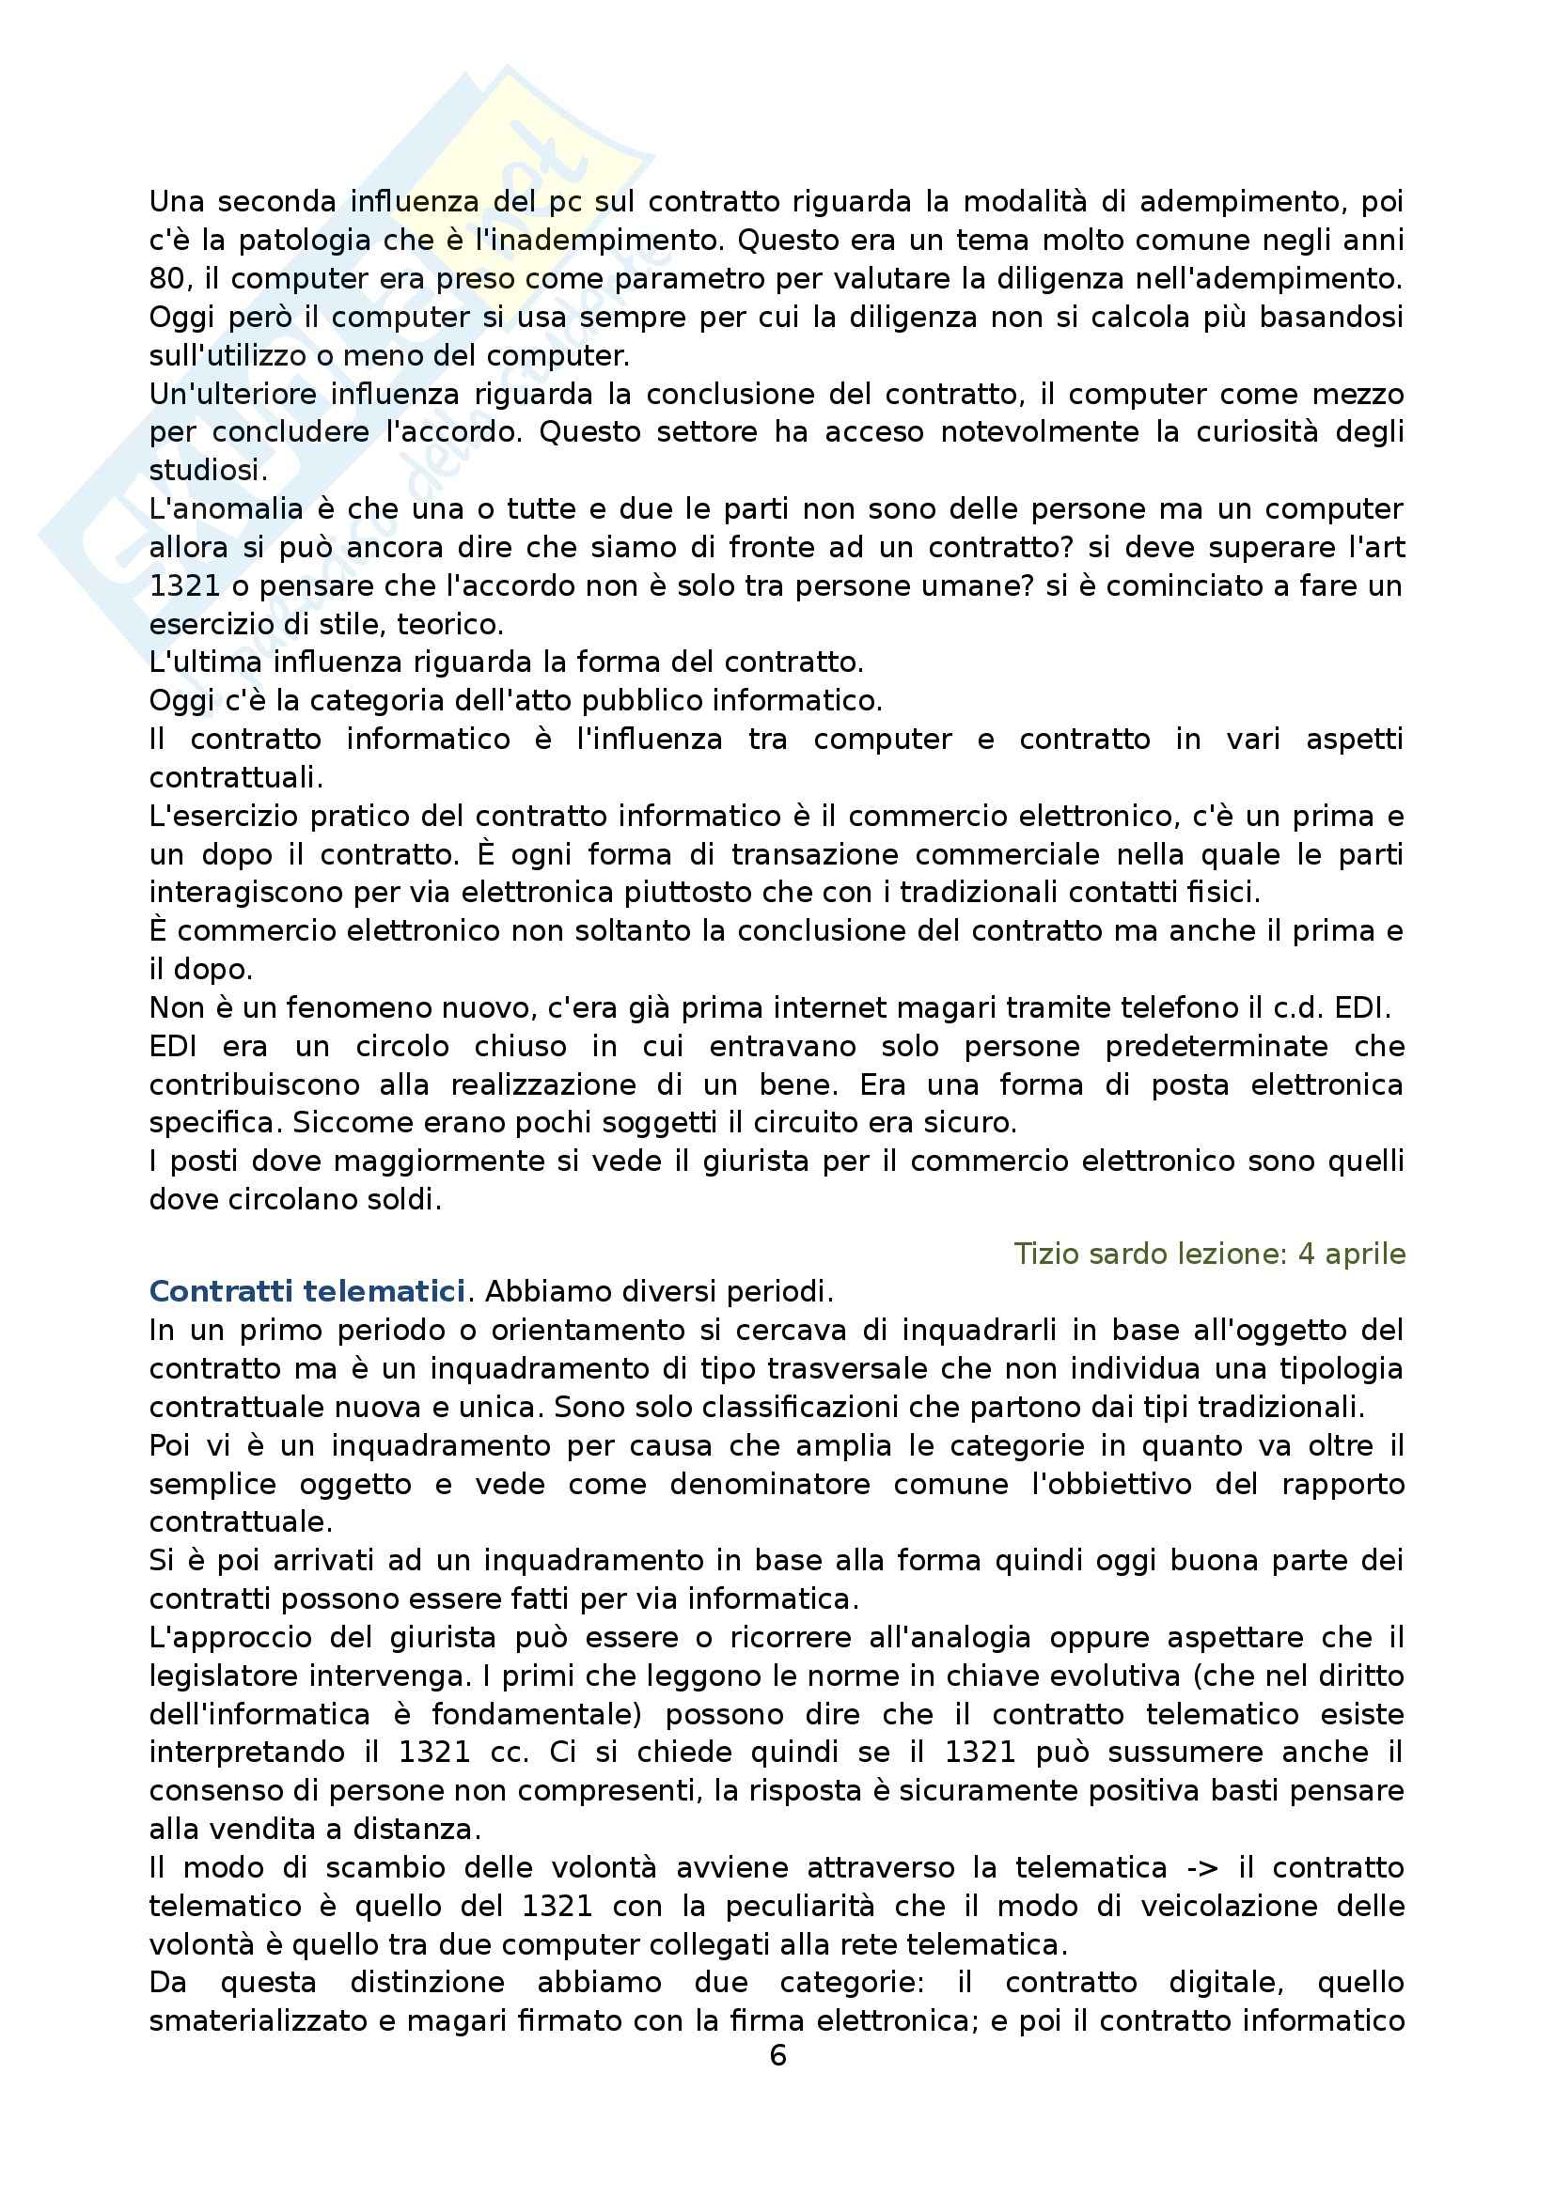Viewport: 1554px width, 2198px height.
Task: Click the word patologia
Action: [304, 241]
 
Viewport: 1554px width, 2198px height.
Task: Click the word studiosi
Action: [205, 470]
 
